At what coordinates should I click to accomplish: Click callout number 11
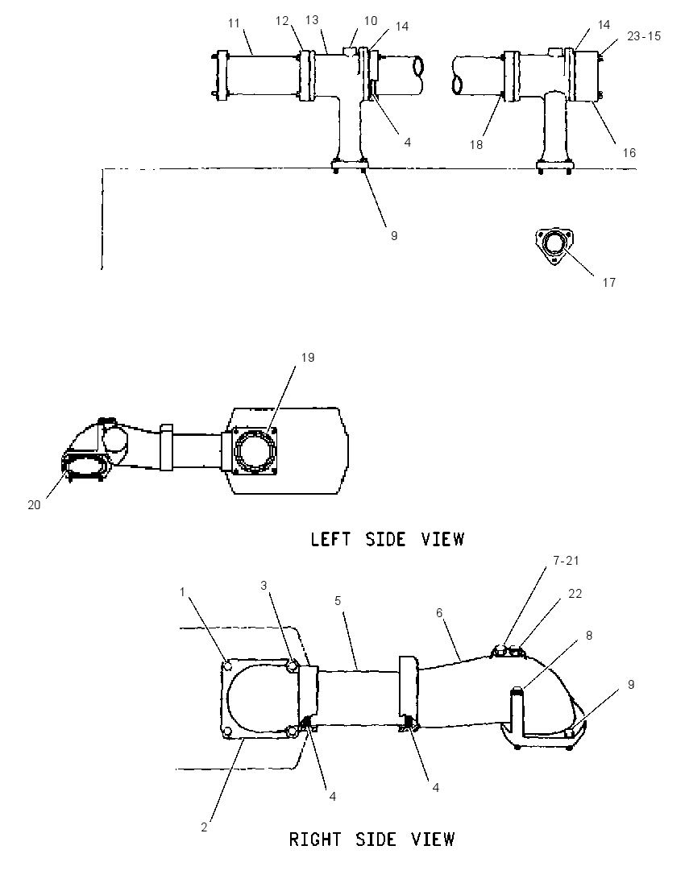(234, 23)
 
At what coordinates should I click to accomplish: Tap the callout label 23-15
(644, 36)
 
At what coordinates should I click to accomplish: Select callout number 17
(609, 282)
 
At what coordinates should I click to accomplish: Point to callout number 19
(308, 357)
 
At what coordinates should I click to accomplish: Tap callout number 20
(35, 505)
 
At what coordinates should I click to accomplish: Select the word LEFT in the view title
(330, 539)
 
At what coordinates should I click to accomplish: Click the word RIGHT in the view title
(315, 839)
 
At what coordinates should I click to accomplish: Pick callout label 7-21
(567, 560)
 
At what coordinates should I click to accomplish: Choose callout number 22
(575, 594)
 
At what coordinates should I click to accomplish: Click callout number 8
(589, 635)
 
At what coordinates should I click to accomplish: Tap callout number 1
(182, 591)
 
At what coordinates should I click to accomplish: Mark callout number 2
(204, 827)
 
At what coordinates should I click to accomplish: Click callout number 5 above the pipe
(338, 601)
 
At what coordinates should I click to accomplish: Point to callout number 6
(440, 612)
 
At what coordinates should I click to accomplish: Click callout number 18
(476, 145)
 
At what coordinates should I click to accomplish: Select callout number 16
(629, 152)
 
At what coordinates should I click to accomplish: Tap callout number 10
(371, 21)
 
